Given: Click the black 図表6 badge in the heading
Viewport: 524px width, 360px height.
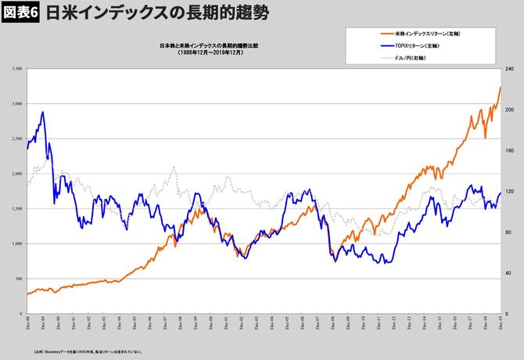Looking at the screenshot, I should (x=20, y=13).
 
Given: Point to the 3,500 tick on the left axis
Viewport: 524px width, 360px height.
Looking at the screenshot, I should (x=16, y=70).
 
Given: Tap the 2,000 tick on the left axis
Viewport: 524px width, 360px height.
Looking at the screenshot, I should (x=16, y=174).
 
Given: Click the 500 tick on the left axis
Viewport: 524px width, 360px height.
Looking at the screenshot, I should (x=17, y=279).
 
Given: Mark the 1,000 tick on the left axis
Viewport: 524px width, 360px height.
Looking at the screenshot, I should (x=16, y=243).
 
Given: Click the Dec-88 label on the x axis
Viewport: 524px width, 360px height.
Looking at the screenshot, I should (x=28, y=323).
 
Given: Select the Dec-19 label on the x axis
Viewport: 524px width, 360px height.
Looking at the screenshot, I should (x=501, y=323).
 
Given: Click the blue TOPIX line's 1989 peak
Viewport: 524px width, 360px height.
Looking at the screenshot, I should (x=42, y=112).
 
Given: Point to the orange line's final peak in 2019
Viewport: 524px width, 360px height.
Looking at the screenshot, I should (x=501, y=87).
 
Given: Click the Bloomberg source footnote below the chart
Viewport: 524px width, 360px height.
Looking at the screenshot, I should (x=86, y=353).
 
